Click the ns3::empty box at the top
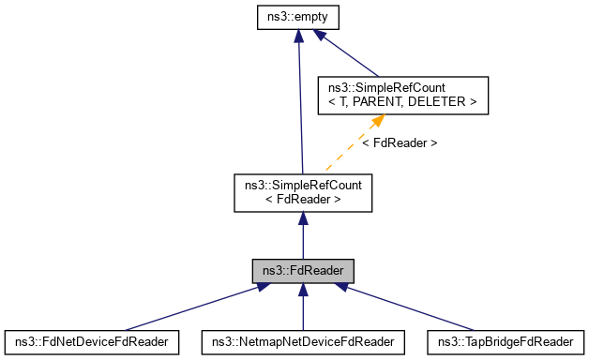click(297, 17)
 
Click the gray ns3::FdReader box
click(302, 271)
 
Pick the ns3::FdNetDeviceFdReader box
click(91, 341)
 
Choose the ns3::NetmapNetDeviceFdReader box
click(303, 341)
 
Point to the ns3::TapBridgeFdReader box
click(505, 341)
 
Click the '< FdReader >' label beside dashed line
click(400, 143)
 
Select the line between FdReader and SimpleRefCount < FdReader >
click(302, 239)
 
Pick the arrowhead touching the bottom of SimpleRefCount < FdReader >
click(302, 218)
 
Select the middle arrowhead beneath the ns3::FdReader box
click(302, 292)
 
